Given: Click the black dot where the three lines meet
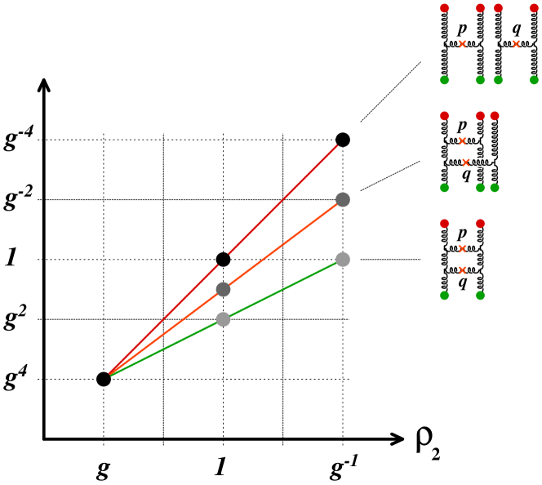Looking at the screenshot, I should [104, 379].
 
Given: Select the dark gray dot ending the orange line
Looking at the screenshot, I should [343, 200].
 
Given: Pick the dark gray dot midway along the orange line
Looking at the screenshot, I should [223, 289].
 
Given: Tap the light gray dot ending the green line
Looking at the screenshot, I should [343, 260].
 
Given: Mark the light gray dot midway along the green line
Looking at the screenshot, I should [223, 319].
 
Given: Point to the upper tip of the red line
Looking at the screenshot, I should [337, 145].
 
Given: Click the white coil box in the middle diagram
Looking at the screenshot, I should [480, 162].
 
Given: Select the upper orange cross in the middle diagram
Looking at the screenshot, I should [462, 141].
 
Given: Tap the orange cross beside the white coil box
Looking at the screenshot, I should [466, 162].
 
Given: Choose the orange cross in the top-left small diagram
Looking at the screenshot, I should [462, 44].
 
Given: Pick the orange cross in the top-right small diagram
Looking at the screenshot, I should [516, 44].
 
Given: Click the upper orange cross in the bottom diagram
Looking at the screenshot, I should [462, 249].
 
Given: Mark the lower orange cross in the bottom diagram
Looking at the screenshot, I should [462, 270].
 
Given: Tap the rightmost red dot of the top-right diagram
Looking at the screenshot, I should [534, 8].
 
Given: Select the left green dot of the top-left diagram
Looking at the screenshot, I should [444, 80].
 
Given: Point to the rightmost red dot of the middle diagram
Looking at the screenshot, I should [495, 116].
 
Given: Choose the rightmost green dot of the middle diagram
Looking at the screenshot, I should [495, 188].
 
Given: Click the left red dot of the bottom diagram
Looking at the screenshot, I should [444, 224].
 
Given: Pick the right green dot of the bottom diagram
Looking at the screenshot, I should [480, 296].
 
